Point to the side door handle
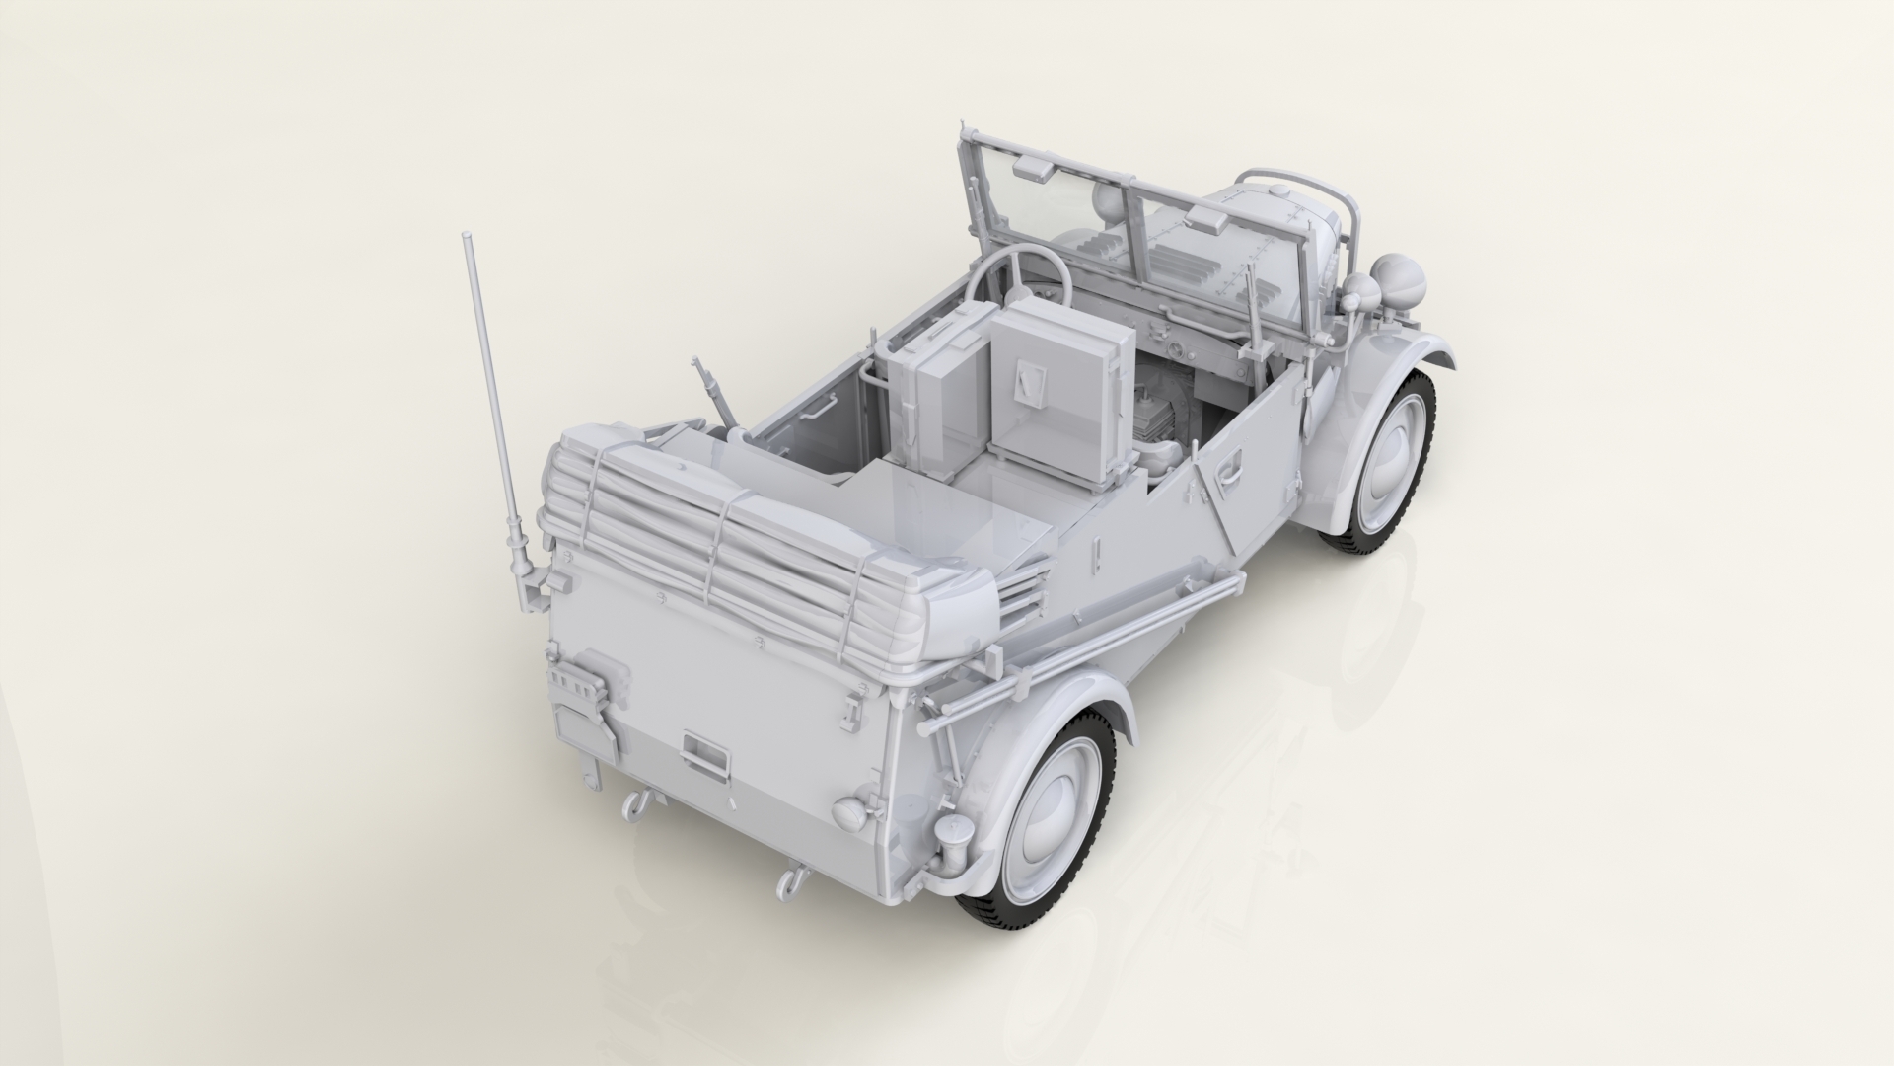pyautogui.click(x=1224, y=475)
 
